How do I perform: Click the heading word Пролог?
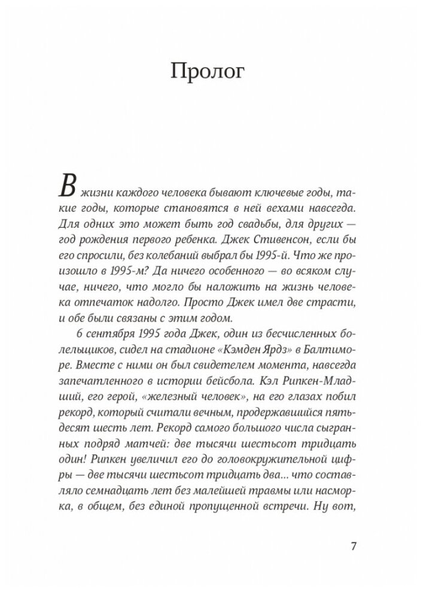pyautogui.click(x=212, y=72)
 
